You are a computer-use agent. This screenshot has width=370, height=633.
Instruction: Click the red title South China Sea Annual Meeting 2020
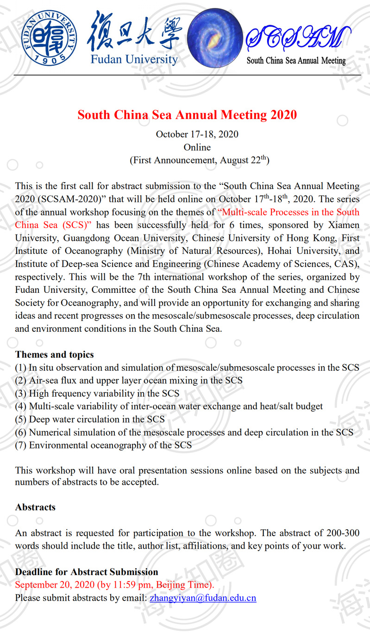point(187,114)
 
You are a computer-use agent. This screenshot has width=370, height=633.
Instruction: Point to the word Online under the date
point(197,147)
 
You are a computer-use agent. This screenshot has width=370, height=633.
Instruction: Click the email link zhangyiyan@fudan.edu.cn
point(203,598)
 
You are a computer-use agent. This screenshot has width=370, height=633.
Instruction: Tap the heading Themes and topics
point(55,354)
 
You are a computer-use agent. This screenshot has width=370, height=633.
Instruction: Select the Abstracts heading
point(35,507)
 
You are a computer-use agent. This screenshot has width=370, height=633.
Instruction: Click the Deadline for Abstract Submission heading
point(87,572)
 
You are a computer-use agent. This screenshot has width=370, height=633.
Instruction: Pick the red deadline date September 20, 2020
point(114,585)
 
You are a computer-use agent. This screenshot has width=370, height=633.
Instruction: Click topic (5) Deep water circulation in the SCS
point(90,419)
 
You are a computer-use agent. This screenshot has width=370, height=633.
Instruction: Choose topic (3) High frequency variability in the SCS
point(97,393)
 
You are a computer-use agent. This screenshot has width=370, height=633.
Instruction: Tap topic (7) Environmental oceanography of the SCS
point(103,445)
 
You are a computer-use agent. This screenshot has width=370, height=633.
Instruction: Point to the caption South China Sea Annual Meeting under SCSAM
point(296,61)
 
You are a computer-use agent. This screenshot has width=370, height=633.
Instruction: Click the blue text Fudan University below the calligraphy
point(134,59)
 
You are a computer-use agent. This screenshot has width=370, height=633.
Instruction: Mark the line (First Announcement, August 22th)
point(200,160)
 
